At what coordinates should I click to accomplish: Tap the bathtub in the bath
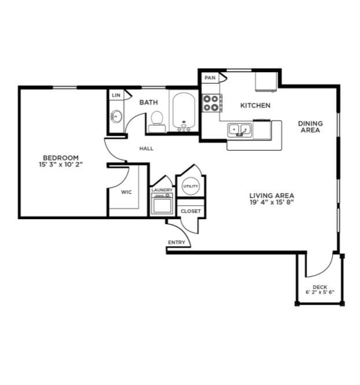coord(183,111)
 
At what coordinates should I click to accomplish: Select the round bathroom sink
coord(116,116)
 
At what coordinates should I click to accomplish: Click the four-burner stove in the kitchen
coord(212,103)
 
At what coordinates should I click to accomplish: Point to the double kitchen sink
coord(240,129)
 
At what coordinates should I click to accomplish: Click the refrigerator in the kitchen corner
coord(267,82)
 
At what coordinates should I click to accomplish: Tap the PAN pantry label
coord(210,77)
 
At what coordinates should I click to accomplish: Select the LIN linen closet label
coord(116,95)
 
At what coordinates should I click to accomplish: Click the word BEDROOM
coord(61,158)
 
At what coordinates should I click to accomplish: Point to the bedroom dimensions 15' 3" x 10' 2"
coord(61,165)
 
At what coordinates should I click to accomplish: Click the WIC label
coord(126,192)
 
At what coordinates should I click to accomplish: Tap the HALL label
coord(146,149)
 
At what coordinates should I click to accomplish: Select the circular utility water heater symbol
coord(190,186)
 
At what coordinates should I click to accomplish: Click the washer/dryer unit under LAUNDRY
coord(162,203)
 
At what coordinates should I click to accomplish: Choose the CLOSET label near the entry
coord(190,211)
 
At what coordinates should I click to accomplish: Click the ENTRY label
coord(177,242)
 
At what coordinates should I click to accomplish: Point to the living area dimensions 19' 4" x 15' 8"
coord(272,202)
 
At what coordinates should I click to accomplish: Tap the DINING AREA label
coord(310,127)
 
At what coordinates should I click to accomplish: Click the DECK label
coord(320,287)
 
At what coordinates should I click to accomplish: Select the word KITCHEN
coord(255,105)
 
